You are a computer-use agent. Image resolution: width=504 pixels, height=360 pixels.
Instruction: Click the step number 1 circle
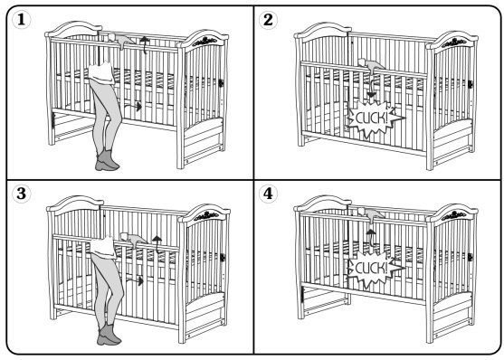21,20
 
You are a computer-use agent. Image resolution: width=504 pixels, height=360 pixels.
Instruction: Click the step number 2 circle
268,20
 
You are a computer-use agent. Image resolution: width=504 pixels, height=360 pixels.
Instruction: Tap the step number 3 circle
21,194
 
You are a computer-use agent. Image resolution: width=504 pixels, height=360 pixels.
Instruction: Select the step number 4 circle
268,194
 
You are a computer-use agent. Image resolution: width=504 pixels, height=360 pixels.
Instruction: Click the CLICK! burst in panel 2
375,118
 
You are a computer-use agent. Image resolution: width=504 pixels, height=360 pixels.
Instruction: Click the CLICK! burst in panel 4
375,268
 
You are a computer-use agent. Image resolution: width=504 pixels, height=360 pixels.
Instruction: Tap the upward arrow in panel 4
371,238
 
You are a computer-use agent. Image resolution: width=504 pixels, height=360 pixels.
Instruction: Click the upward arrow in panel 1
145,44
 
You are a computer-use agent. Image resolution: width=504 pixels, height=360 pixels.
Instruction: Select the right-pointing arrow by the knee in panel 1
133,107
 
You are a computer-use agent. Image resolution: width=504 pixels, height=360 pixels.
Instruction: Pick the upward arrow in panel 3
157,244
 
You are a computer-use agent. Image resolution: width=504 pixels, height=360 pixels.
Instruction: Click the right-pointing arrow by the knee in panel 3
135,281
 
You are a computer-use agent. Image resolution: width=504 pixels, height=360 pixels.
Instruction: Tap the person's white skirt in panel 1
101,74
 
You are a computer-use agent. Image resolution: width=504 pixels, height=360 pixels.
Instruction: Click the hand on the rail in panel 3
132,239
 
